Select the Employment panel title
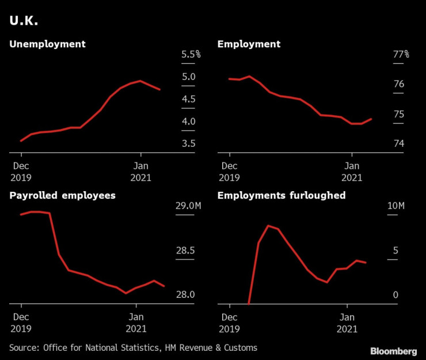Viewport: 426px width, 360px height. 249,44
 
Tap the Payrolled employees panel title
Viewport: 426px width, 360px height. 62,195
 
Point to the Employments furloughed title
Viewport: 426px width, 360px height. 281,195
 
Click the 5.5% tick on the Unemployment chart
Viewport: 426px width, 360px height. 191,55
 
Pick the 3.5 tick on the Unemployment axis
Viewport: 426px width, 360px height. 188,143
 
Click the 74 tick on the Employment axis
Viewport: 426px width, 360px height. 398,143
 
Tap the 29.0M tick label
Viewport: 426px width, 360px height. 188,206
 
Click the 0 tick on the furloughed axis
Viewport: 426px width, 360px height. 395,295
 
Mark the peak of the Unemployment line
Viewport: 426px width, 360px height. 140,81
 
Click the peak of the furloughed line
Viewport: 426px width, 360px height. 268,225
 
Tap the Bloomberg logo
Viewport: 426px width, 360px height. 394,351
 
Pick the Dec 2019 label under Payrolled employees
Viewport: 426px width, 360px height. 21,323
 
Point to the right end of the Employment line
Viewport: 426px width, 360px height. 371,119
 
